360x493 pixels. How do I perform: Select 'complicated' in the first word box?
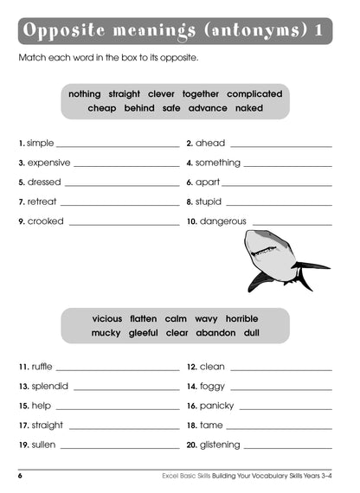point(254,93)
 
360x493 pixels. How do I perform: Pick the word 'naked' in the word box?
point(248,109)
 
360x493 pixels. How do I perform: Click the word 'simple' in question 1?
point(40,143)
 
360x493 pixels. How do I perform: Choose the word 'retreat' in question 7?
point(42,202)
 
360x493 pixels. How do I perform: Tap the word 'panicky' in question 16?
point(217,406)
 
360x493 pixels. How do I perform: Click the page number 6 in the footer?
point(19,477)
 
